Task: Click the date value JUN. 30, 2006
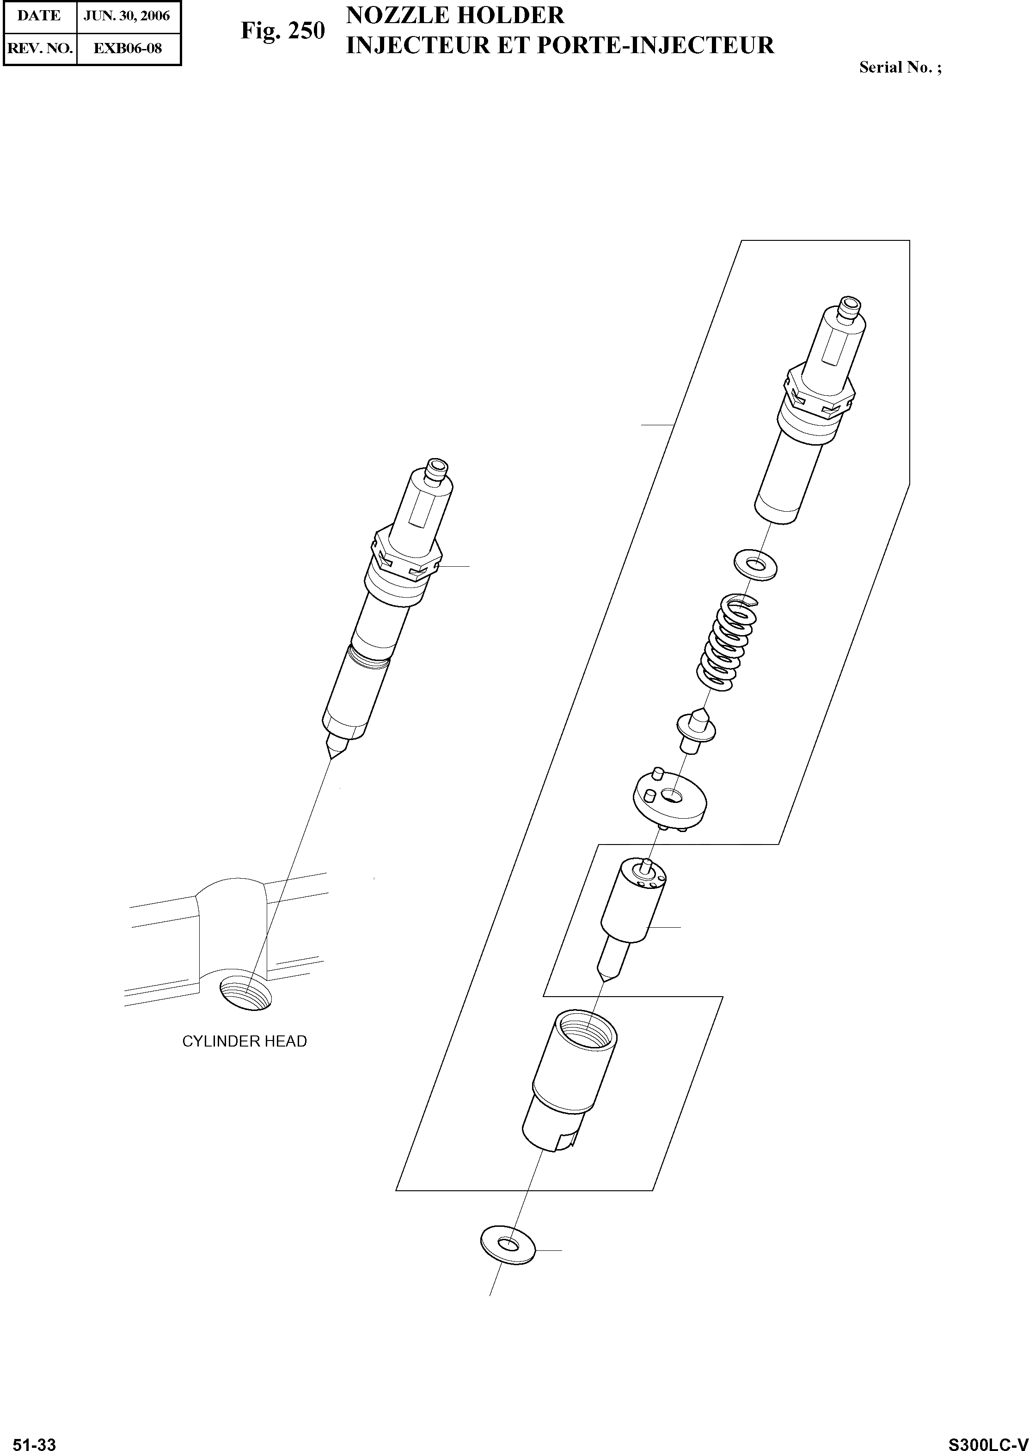(x=128, y=16)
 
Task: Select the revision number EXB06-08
(x=128, y=48)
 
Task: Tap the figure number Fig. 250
(x=282, y=31)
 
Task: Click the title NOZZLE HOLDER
(x=455, y=15)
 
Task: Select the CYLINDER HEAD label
(x=245, y=1041)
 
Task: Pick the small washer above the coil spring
(x=755, y=562)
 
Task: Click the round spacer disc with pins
(x=670, y=801)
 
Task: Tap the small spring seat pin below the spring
(x=696, y=730)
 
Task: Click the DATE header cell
(x=39, y=16)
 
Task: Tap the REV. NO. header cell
(x=39, y=48)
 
